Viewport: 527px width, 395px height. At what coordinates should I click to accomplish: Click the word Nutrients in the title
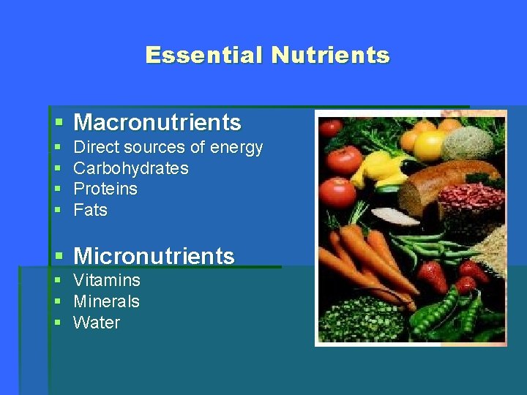(331, 56)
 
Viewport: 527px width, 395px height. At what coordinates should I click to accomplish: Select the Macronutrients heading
(157, 122)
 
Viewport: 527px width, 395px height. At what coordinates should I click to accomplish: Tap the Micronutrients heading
(154, 256)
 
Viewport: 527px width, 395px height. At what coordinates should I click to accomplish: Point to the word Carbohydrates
(131, 168)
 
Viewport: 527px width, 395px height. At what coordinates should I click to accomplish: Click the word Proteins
(105, 189)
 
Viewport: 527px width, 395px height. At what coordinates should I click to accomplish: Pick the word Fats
(91, 210)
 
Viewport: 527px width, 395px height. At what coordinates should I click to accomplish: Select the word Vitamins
(107, 280)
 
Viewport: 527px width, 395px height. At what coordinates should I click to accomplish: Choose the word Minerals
(107, 301)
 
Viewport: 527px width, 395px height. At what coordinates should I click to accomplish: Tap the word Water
(97, 323)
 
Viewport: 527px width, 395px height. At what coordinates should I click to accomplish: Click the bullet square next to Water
(59, 323)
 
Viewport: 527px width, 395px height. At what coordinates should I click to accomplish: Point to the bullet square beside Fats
(59, 211)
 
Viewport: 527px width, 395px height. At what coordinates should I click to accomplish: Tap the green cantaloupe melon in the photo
(468, 143)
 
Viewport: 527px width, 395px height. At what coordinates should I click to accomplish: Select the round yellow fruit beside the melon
(430, 145)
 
